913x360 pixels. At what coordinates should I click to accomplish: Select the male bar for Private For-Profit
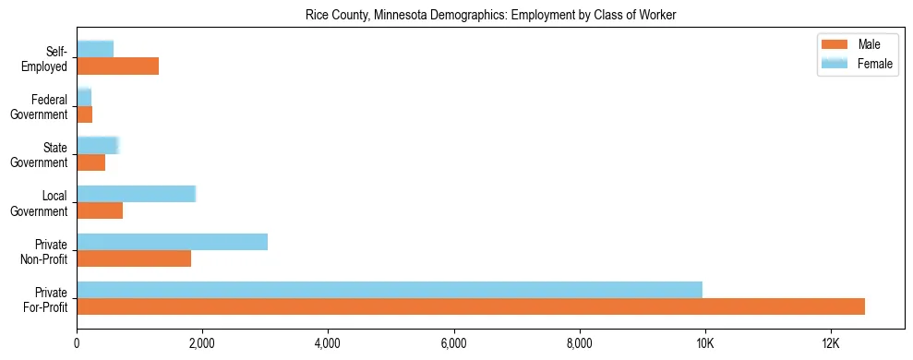(x=471, y=306)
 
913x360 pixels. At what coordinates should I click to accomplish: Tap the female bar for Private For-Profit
(x=390, y=290)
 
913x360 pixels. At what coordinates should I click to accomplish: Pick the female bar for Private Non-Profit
(x=173, y=242)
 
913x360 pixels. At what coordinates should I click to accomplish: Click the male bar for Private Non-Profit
(x=134, y=258)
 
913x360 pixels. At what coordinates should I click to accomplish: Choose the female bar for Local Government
(x=137, y=194)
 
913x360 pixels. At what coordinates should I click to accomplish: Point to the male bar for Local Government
(x=100, y=210)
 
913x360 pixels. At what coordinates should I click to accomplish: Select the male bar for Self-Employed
(x=118, y=66)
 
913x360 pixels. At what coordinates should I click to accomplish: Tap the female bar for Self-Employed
(x=95, y=49)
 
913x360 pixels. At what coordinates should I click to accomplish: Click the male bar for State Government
(x=91, y=162)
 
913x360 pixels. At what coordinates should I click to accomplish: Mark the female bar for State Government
(x=98, y=145)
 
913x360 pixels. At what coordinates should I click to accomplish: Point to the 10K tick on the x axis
(x=705, y=344)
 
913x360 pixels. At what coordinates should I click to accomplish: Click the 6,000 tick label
(x=454, y=344)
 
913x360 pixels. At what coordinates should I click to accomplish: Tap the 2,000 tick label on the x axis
(x=202, y=344)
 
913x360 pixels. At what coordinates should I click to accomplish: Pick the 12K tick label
(x=831, y=344)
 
